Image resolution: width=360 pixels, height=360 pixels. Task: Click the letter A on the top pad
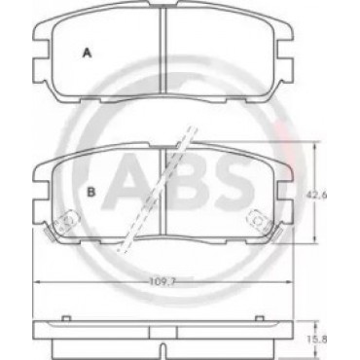click(x=87, y=53)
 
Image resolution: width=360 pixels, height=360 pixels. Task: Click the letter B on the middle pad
click(x=91, y=192)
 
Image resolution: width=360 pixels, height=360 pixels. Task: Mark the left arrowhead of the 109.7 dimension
click(x=36, y=282)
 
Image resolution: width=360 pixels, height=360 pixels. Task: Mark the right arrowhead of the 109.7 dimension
click(x=290, y=282)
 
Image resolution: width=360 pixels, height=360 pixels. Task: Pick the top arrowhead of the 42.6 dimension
click(x=314, y=145)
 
